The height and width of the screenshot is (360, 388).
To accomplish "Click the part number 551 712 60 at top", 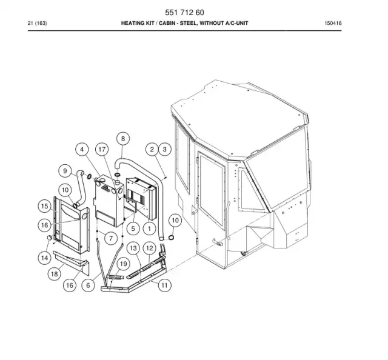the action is click(x=184, y=12).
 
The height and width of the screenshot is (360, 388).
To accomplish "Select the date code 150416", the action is click(x=333, y=23).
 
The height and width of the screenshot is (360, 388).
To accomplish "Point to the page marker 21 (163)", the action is click(x=37, y=23).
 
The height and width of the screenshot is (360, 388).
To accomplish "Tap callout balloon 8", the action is click(x=123, y=139).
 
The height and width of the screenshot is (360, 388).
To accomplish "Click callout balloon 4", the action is click(x=82, y=149).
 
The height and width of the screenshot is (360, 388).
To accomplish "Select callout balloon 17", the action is click(x=102, y=149).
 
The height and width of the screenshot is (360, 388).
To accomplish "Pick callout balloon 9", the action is click(x=65, y=171).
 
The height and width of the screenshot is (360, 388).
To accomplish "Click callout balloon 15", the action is click(x=44, y=206).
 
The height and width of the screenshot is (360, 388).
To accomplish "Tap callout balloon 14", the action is click(x=44, y=258).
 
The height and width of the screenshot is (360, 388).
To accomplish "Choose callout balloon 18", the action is click(x=54, y=274).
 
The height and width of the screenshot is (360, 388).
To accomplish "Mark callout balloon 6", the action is click(x=89, y=285).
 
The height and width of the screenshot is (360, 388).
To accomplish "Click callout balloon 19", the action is click(x=123, y=264).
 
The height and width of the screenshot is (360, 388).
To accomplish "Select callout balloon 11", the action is click(x=164, y=285).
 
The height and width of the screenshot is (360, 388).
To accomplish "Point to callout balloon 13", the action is click(x=133, y=248).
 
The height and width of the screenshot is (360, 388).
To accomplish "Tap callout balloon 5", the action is click(x=133, y=228).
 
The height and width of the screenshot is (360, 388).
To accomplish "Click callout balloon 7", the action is click(x=110, y=238).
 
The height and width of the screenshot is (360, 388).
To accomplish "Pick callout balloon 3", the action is click(x=164, y=149).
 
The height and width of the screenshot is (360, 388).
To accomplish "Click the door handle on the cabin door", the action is click(x=218, y=242).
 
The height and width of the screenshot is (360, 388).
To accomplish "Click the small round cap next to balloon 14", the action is click(x=50, y=238).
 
